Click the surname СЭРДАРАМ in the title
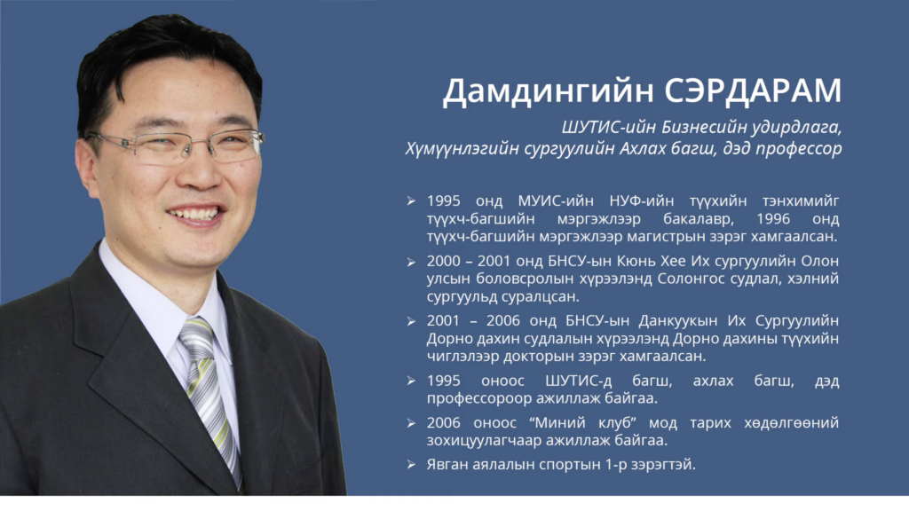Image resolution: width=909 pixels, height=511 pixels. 753,91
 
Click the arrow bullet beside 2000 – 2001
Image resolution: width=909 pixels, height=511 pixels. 411,263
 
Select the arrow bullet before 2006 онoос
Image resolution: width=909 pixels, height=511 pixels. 411,423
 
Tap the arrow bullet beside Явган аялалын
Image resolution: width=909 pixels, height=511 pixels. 411,465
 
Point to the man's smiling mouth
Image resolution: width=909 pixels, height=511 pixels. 195,215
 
